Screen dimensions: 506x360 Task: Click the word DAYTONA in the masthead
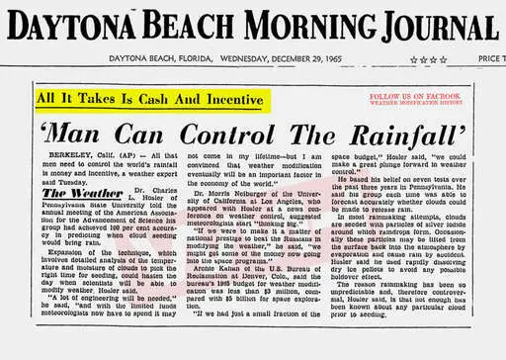[71, 23]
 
